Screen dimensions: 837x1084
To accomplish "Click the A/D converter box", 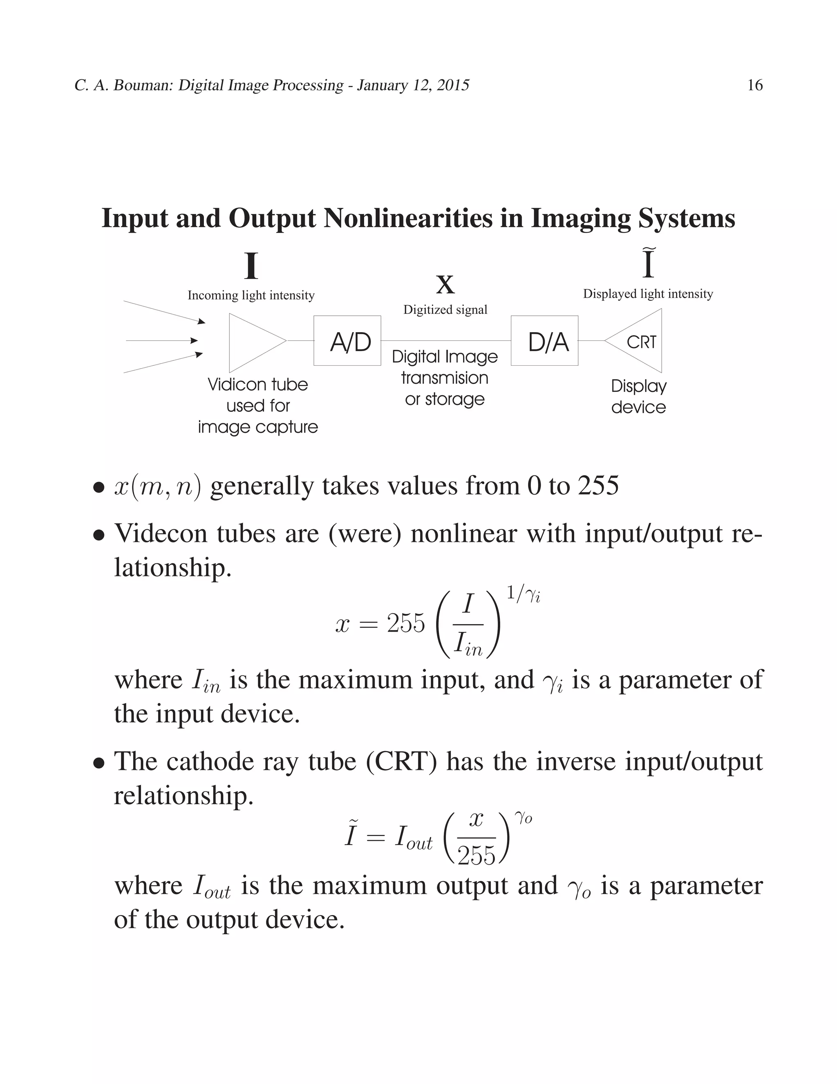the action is click(x=347, y=340).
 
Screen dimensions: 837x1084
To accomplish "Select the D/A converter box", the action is click(x=544, y=340).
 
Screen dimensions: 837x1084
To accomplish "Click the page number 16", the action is click(x=755, y=85).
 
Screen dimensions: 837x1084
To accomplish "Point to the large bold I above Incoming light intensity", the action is click(x=251, y=267).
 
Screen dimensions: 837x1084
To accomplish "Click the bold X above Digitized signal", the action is click(x=445, y=285).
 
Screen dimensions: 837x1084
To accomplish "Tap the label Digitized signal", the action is click(x=445, y=310).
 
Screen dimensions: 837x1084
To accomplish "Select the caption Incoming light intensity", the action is click(x=251, y=295).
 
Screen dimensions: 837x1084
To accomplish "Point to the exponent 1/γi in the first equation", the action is click(x=523, y=594).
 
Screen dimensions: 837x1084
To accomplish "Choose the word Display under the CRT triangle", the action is click(x=639, y=386).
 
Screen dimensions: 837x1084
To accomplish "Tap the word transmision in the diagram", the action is click(x=445, y=378).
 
